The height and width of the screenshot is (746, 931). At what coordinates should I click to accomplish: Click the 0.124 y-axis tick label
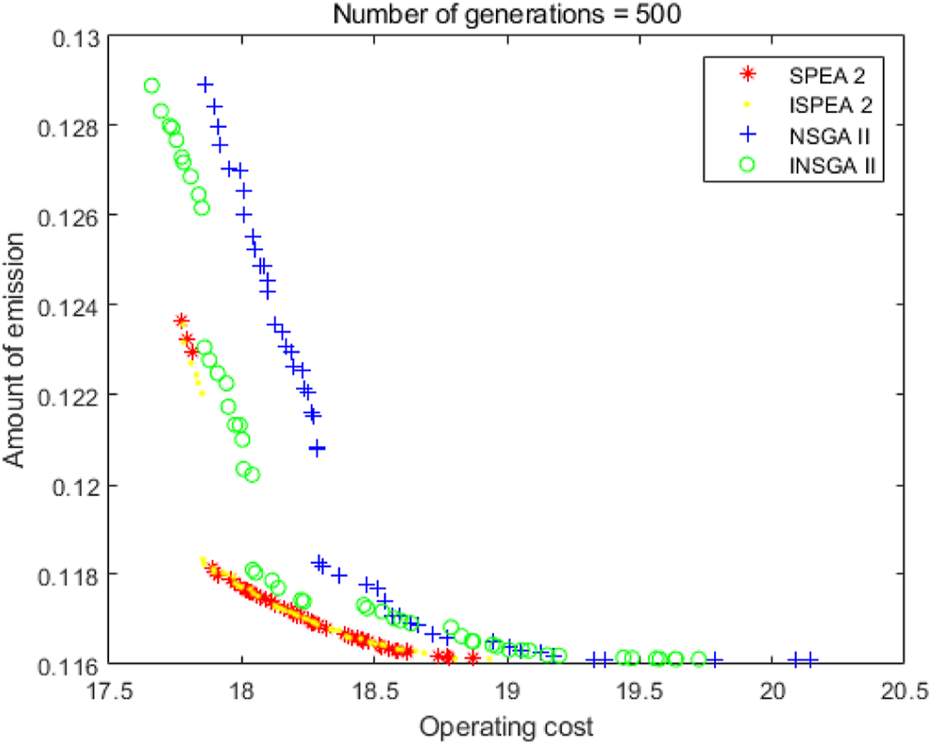pos(68,305)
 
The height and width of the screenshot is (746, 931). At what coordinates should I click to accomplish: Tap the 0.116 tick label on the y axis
pos(68,664)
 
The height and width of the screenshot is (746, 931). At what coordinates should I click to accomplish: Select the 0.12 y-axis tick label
pos(75,485)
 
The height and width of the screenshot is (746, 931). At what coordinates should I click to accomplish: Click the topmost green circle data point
pos(152,85)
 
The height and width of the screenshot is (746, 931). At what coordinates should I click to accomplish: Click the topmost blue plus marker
pos(206,85)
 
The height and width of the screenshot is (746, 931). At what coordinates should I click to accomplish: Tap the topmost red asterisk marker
pos(181,321)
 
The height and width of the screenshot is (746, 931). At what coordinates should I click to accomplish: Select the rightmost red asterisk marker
pos(473,657)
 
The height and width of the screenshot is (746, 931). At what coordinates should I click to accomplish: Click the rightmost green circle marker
pos(698,660)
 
